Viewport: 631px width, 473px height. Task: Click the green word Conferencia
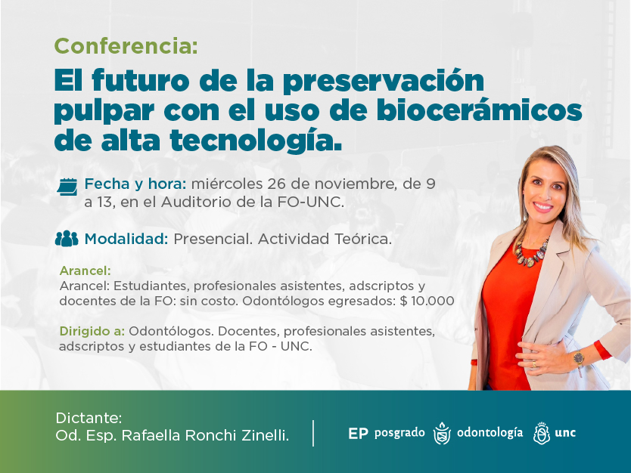click(x=125, y=46)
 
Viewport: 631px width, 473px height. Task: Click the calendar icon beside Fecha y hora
click(x=67, y=185)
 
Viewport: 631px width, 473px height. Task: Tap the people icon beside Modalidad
click(x=67, y=239)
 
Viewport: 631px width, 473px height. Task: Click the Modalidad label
click(x=126, y=239)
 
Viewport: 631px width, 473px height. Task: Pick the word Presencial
click(x=213, y=239)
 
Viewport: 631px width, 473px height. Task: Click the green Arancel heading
click(x=85, y=271)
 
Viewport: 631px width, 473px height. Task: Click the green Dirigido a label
click(x=92, y=331)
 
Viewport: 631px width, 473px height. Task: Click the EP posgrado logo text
click(x=386, y=433)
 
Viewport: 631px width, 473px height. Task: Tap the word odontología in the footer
click(x=490, y=433)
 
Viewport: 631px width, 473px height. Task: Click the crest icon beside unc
click(x=541, y=433)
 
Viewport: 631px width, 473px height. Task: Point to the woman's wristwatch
click(x=579, y=357)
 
